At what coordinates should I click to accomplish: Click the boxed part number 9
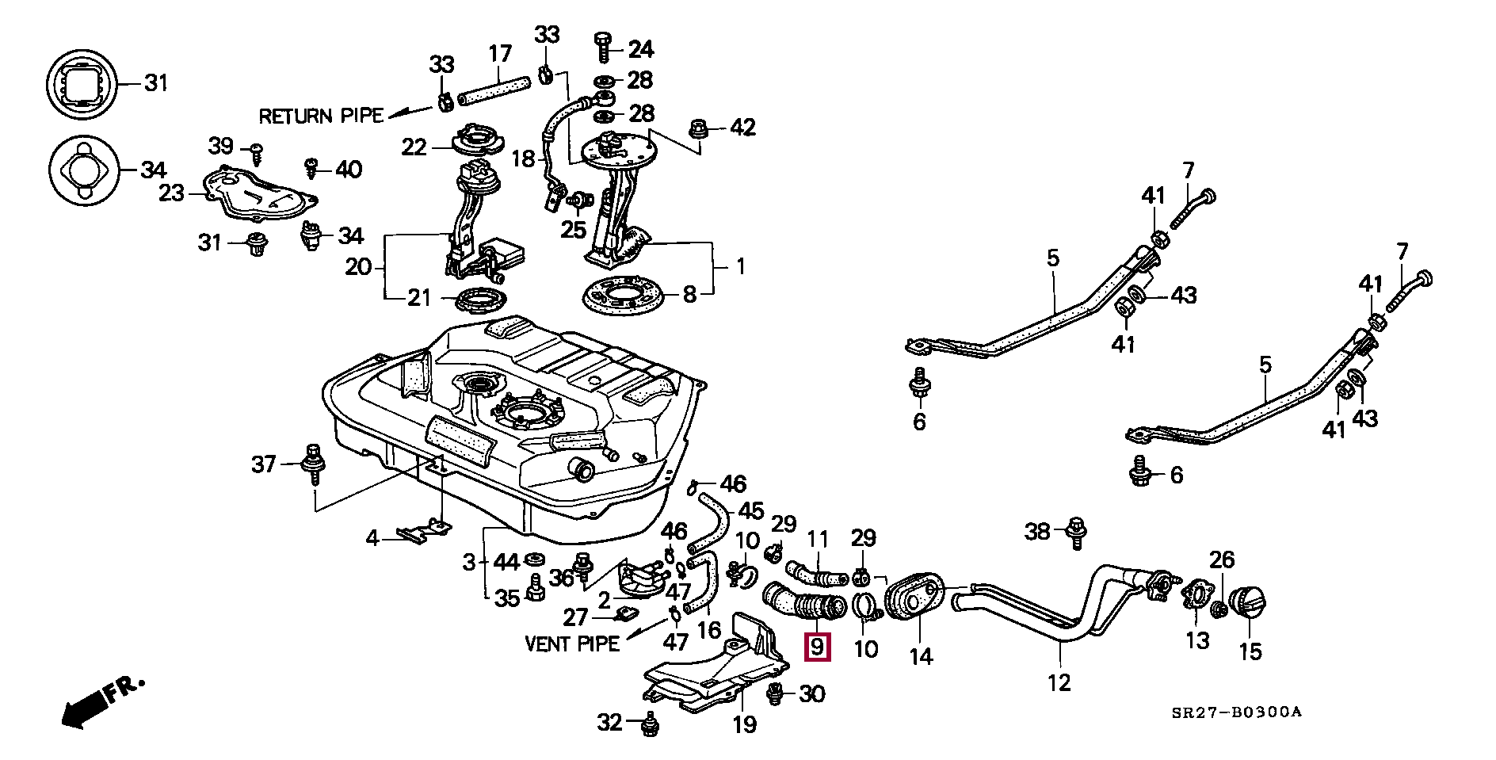point(817,647)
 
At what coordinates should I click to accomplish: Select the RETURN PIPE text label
point(321,116)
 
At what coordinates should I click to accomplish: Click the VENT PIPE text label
point(572,643)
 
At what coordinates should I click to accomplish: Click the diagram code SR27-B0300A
point(1236,712)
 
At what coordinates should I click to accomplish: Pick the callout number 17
point(501,54)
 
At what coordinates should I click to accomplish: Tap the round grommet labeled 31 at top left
point(82,83)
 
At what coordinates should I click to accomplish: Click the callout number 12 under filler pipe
point(1059,682)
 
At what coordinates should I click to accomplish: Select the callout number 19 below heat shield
point(744,724)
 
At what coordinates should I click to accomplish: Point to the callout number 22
point(414,147)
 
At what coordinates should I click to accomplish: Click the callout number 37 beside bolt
point(264,464)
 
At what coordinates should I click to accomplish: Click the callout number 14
point(921,656)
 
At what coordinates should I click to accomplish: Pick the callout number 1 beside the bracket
point(740,266)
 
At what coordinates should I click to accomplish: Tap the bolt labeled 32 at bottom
point(651,724)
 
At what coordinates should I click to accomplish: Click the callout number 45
point(750,510)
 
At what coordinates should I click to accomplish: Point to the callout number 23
point(171,193)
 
